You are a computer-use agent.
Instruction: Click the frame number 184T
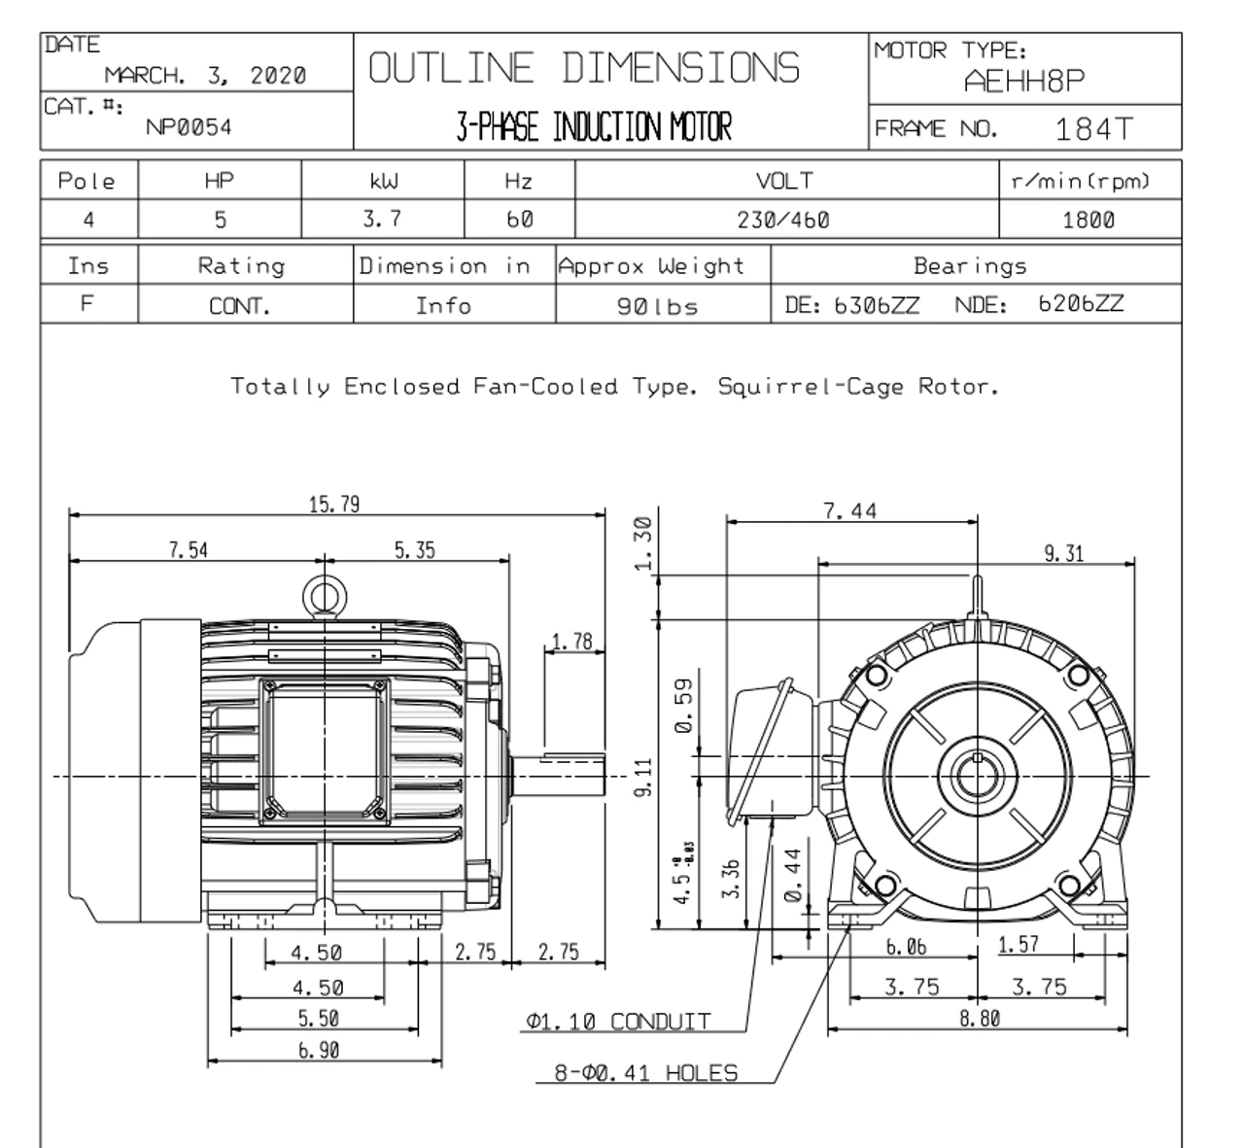click(1093, 128)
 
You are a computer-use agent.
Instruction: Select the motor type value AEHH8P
click(1023, 82)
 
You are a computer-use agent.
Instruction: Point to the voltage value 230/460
click(783, 220)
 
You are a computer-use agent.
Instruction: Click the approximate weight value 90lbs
click(658, 306)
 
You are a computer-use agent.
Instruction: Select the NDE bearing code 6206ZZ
click(1081, 304)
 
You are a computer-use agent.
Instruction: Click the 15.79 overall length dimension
click(334, 504)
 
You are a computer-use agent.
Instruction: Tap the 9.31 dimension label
click(1063, 553)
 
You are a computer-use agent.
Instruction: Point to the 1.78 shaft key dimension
click(571, 642)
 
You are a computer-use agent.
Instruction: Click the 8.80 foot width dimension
click(979, 1018)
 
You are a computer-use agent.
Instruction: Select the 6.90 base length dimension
click(318, 1050)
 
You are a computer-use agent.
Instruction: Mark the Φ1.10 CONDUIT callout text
click(618, 1022)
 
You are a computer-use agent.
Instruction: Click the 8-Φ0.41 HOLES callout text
click(645, 1073)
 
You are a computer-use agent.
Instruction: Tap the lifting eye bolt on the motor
click(320, 594)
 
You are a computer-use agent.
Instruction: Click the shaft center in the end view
click(975, 776)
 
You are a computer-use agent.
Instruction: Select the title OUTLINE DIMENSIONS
click(584, 68)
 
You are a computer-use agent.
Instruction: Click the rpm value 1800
click(1088, 220)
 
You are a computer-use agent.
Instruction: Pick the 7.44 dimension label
click(850, 511)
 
